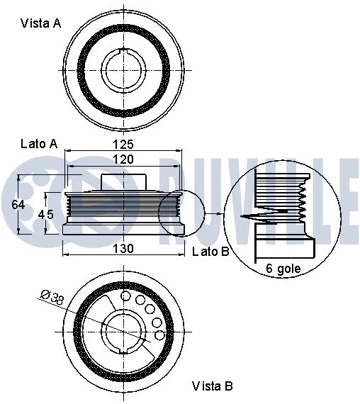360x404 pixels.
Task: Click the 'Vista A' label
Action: pos(40,23)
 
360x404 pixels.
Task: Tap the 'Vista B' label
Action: pos(213,386)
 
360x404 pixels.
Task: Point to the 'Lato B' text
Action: pos(210,251)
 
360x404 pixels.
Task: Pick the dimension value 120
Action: pos(124,160)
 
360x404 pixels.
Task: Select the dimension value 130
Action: pos(124,248)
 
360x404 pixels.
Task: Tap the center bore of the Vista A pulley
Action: pos(125,69)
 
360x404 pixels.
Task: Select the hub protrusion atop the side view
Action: pos(125,181)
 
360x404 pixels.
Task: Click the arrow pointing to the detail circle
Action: pos(213,214)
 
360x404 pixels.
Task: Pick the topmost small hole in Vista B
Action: pos(127,296)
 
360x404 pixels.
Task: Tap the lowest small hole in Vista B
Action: pos(160,335)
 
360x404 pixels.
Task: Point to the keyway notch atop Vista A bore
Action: pos(125,52)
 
